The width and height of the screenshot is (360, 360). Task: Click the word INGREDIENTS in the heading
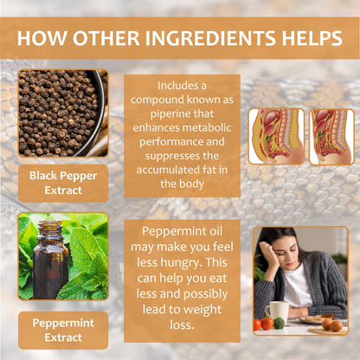click(x=210, y=38)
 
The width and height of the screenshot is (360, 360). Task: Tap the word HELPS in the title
click(x=312, y=38)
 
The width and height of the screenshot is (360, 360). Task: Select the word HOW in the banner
click(x=42, y=38)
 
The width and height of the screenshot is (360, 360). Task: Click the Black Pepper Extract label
click(x=63, y=183)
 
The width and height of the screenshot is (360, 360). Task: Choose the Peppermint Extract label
click(x=63, y=330)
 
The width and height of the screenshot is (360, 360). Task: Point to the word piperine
click(x=170, y=114)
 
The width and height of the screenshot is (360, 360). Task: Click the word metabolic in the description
click(x=207, y=127)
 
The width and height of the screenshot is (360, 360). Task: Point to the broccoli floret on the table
click(x=280, y=323)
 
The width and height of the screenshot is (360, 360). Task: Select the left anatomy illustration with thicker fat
click(x=276, y=137)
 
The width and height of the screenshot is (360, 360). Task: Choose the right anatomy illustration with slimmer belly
click(x=331, y=137)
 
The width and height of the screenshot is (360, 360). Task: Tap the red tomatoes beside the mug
click(x=263, y=324)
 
